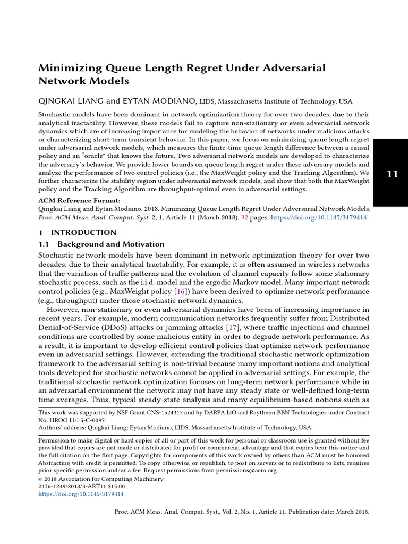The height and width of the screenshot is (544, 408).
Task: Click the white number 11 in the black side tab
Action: (392, 175)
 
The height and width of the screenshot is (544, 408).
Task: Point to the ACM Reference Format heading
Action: (80, 201)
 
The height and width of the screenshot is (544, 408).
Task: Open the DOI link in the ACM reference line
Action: (320, 218)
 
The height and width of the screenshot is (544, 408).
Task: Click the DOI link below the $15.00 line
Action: (81, 494)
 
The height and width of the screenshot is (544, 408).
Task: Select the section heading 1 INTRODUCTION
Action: (78, 232)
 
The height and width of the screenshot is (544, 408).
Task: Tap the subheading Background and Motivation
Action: (110, 244)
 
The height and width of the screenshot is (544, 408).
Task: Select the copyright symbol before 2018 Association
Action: (41, 479)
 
